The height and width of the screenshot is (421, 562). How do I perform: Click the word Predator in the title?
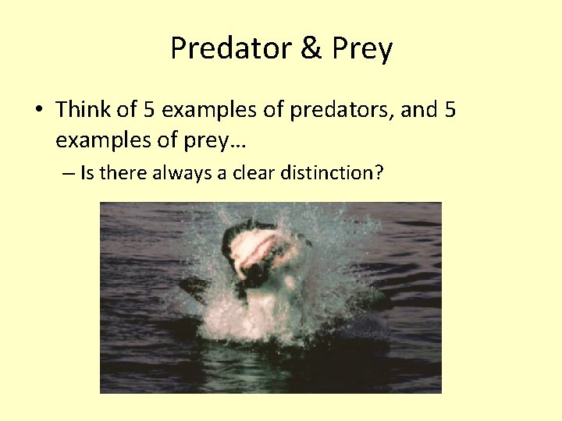click(x=228, y=49)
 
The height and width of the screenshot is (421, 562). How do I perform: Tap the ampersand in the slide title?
click(x=310, y=49)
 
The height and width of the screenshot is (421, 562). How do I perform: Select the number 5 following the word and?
click(x=449, y=110)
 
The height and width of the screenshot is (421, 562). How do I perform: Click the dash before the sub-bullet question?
click(x=67, y=173)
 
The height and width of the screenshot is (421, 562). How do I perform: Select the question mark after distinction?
click(x=379, y=172)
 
